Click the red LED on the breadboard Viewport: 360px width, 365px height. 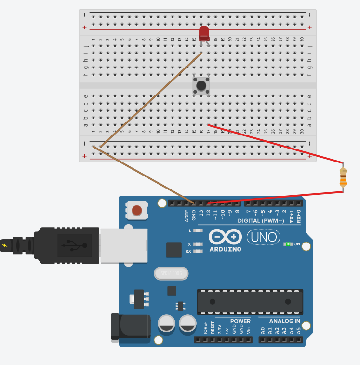click(x=204, y=33)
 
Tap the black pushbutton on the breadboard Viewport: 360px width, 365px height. click(x=201, y=85)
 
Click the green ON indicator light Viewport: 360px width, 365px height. click(x=288, y=244)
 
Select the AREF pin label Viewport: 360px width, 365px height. click(x=187, y=215)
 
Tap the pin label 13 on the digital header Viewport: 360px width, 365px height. click(x=201, y=213)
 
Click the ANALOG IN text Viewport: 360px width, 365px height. click(x=284, y=321)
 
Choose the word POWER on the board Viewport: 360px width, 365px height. click(x=240, y=321)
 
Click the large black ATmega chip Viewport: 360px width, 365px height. click(x=250, y=302)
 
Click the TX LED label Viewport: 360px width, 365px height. click(x=188, y=244)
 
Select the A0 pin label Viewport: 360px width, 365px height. click(x=263, y=331)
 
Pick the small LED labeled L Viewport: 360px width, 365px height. click(x=198, y=231)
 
